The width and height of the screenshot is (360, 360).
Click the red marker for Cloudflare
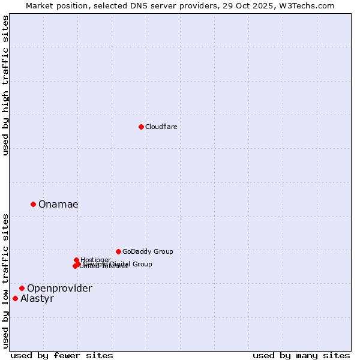coord(141,127)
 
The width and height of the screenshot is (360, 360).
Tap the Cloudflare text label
coord(161,127)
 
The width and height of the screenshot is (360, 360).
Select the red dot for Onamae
coord(33,204)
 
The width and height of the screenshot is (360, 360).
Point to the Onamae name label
coord(58,205)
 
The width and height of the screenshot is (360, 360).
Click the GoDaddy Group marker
coord(118,251)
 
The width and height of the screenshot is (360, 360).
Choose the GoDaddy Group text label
coord(148,251)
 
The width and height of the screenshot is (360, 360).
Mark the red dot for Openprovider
coord(22,288)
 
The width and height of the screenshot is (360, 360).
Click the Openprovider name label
coord(59,289)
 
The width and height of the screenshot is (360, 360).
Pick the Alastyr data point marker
coord(15,298)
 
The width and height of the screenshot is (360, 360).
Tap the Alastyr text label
coord(37,299)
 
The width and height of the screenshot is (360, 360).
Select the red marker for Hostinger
coord(76,260)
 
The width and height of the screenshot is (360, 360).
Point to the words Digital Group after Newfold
coord(131,264)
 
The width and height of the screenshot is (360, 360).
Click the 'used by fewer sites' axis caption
coord(62,355)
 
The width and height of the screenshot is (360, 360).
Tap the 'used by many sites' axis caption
coord(301,355)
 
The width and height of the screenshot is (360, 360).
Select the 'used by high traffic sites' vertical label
coord(6,85)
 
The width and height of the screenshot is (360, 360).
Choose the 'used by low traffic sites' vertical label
coord(6,281)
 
